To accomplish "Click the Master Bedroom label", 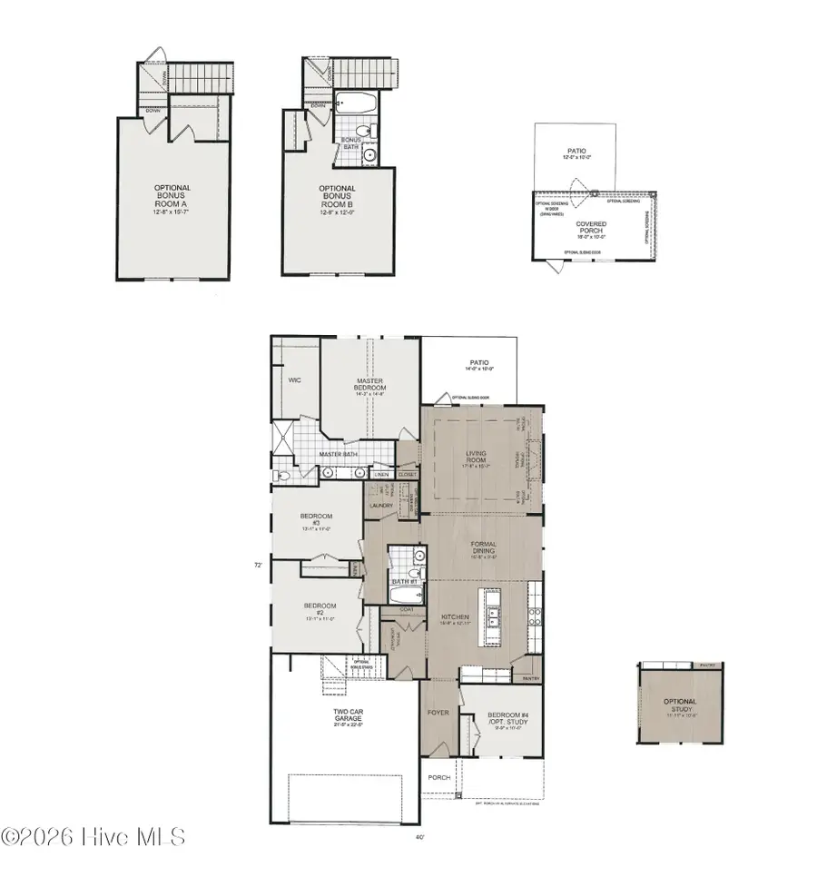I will pyautogui.click(x=370, y=385).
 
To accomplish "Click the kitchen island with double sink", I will pyautogui.click(x=492, y=614).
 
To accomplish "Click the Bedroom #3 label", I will pyautogui.click(x=312, y=519).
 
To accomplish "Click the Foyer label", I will pyautogui.click(x=438, y=713).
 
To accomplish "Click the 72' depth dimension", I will pyautogui.click(x=259, y=565).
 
